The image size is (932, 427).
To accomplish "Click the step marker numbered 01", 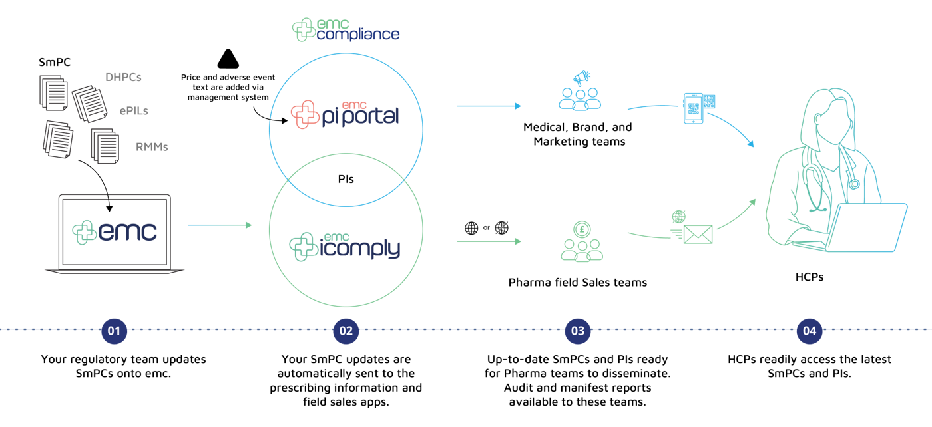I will pos(114,331).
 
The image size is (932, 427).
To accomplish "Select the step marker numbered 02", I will pos(346,331).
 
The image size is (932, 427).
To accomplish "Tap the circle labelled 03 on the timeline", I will pos(577,331).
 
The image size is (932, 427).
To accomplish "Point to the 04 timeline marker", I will pos(809,331).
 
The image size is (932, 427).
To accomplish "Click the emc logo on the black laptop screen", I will pos(115,232).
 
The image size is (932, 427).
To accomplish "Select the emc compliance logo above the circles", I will pos(346,30).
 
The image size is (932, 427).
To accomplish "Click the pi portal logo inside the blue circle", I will pos(344,115).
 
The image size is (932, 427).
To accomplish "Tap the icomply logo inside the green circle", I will pos(344,246).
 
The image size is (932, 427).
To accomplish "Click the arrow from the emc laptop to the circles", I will pos(220,225).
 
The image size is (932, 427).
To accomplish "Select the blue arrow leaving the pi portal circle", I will pos(489,106).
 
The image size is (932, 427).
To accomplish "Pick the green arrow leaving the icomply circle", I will pos(489,241).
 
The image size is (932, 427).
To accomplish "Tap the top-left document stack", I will pos(53,93).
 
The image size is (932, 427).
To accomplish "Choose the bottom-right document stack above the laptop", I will pos(105,144).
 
